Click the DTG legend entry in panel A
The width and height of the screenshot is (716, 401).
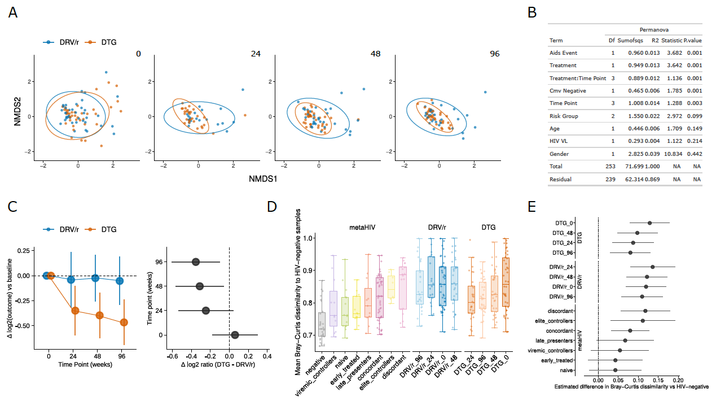(107, 42)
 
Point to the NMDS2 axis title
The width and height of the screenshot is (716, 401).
(19, 108)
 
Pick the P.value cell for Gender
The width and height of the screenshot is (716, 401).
(693, 154)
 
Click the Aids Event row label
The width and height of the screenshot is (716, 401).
(563, 53)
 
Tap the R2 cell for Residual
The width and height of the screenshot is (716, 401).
(652, 179)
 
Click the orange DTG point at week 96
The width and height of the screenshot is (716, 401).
(124, 322)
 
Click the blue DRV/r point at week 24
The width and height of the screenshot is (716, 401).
(71, 280)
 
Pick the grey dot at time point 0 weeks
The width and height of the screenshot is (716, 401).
(235, 335)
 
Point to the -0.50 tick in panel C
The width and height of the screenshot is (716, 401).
(23, 326)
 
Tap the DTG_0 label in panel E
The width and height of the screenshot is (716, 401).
(567, 223)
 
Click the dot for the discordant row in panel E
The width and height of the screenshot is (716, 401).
(645, 311)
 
